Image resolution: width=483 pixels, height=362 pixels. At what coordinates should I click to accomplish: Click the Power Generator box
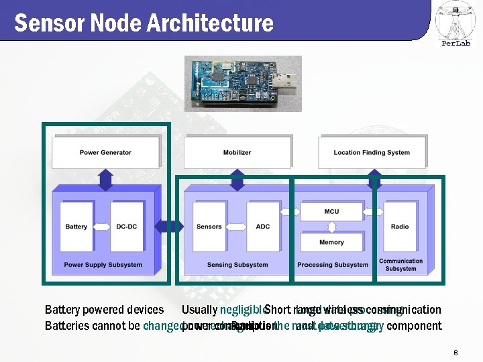[x=105, y=152]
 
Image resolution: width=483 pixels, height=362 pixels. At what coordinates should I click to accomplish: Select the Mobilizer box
[x=237, y=152]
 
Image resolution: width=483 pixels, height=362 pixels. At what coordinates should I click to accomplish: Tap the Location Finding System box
[x=371, y=152]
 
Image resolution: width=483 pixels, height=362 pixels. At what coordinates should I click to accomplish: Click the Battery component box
[x=76, y=227]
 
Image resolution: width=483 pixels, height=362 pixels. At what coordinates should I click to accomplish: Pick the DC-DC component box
[x=126, y=227]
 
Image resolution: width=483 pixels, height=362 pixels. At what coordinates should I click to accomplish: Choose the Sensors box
[x=209, y=227]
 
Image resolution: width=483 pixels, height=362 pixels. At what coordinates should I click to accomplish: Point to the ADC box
[x=263, y=227]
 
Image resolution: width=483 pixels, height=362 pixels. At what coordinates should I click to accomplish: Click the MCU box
[x=331, y=211]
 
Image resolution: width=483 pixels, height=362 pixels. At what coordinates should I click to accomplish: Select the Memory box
[x=331, y=242]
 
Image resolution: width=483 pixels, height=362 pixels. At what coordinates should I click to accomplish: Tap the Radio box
[x=400, y=227]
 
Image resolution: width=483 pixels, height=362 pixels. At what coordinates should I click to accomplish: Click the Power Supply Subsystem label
[x=103, y=265]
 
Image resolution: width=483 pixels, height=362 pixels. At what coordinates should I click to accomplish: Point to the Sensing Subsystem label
[x=237, y=265]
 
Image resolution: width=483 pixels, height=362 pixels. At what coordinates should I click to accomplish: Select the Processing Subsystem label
[x=333, y=265]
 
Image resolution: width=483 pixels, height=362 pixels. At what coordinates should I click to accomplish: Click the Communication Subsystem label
[x=401, y=265]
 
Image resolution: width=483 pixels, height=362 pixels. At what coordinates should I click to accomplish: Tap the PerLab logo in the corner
[x=455, y=23]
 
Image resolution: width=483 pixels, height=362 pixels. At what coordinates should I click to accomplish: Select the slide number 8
[x=455, y=353]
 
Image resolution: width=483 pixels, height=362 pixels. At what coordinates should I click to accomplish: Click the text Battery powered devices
[x=104, y=310]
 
